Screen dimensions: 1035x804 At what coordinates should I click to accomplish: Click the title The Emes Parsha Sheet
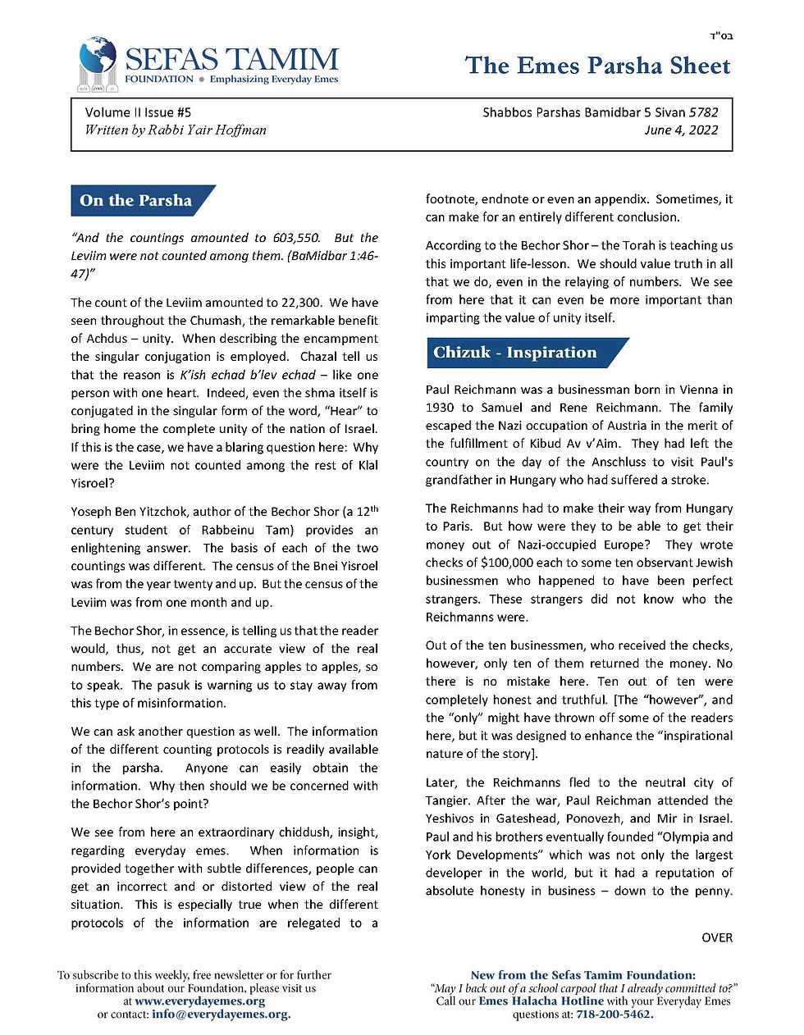point(597,66)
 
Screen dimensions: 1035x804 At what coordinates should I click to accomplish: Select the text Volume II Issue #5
point(138,112)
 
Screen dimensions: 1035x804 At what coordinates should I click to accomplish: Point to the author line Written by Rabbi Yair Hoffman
point(175,130)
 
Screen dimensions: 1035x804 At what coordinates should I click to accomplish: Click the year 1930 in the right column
point(439,408)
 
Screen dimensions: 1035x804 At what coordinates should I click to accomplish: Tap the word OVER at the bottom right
point(717,937)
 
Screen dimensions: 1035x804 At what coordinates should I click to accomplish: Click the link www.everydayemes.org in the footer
point(199,1001)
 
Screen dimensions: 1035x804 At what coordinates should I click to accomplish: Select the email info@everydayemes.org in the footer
point(221,1014)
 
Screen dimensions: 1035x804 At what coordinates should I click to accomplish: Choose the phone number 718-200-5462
point(614,1014)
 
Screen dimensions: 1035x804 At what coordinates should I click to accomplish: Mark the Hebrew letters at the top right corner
point(720,36)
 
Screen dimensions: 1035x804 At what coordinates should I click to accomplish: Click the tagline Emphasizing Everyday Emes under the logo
point(274,80)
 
